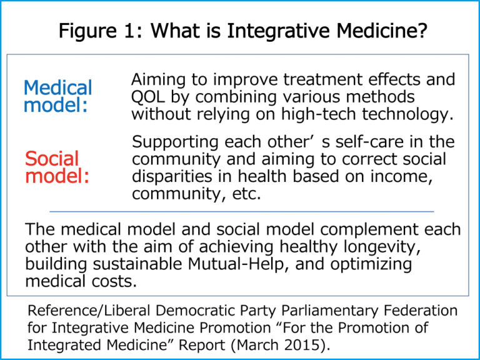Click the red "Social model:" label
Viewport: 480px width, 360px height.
click(x=57, y=167)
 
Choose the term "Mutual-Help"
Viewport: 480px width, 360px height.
click(x=222, y=264)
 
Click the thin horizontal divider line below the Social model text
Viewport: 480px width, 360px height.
click(x=241, y=212)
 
